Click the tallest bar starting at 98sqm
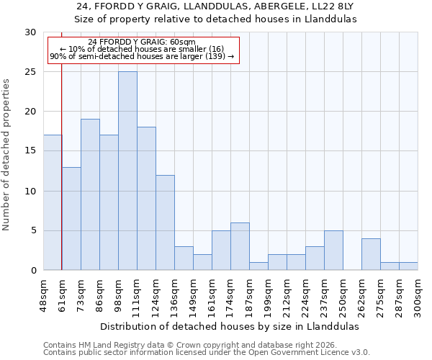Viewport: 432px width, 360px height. coord(127,171)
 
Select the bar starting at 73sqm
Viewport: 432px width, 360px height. coord(90,194)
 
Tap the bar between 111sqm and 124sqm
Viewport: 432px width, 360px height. coord(146,198)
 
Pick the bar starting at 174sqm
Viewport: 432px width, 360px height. coord(240,246)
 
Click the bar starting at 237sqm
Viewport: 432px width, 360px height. coord(333,250)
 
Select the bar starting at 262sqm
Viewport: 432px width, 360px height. coord(371,254)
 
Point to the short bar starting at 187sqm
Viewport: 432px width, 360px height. coord(258,266)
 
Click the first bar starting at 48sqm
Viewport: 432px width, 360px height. coord(53,202)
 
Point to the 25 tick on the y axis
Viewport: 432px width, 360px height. coord(31,72)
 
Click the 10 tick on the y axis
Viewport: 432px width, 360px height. coord(31,191)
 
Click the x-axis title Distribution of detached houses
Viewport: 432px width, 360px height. coord(229,326)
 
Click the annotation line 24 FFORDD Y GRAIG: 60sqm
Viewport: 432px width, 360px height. coord(142,42)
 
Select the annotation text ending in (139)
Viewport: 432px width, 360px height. coord(142,56)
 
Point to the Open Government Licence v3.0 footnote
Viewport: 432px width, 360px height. coord(206,353)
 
